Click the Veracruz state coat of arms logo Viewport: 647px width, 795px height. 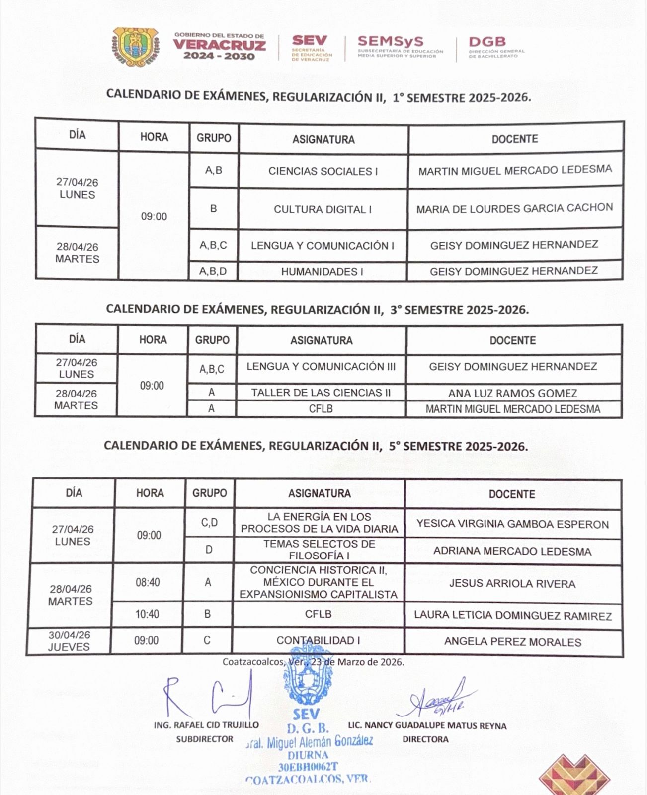(x=136, y=46)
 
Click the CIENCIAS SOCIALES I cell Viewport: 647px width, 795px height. (x=323, y=171)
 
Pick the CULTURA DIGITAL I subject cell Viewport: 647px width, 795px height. (x=323, y=209)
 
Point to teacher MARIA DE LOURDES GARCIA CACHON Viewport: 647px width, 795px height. (x=514, y=208)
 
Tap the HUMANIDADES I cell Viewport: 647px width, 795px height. (x=322, y=272)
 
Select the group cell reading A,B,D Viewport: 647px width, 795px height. (x=213, y=271)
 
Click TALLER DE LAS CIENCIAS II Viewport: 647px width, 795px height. (x=321, y=393)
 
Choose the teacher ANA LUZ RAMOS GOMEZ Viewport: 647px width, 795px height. (x=512, y=393)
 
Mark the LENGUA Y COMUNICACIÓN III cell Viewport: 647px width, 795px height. (x=321, y=367)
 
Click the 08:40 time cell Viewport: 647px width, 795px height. (x=148, y=582)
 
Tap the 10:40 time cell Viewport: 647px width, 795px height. (x=147, y=614)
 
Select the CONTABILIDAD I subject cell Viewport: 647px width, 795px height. (x=318, y=641)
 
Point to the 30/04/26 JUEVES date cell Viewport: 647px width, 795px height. (x=69, y=641)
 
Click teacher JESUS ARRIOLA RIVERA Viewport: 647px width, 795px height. (x=512, y=584)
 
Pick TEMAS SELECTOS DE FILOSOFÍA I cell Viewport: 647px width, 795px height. (x=319, y=550)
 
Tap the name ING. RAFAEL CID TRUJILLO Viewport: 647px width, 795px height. (x=206, y=725)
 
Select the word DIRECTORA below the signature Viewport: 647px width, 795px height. (x=425, y=739)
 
